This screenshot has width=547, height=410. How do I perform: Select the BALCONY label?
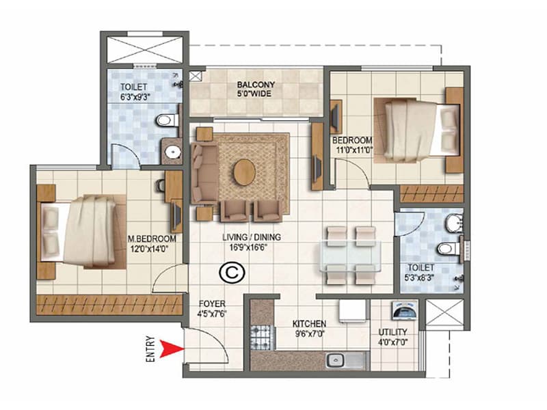click(256, 85)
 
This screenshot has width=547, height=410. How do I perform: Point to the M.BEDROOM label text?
click(152, 239)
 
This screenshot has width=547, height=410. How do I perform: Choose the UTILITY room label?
click(392, 333)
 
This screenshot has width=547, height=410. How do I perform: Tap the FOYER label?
click(212, 304)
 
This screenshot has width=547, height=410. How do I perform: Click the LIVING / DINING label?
click(251, 238)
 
